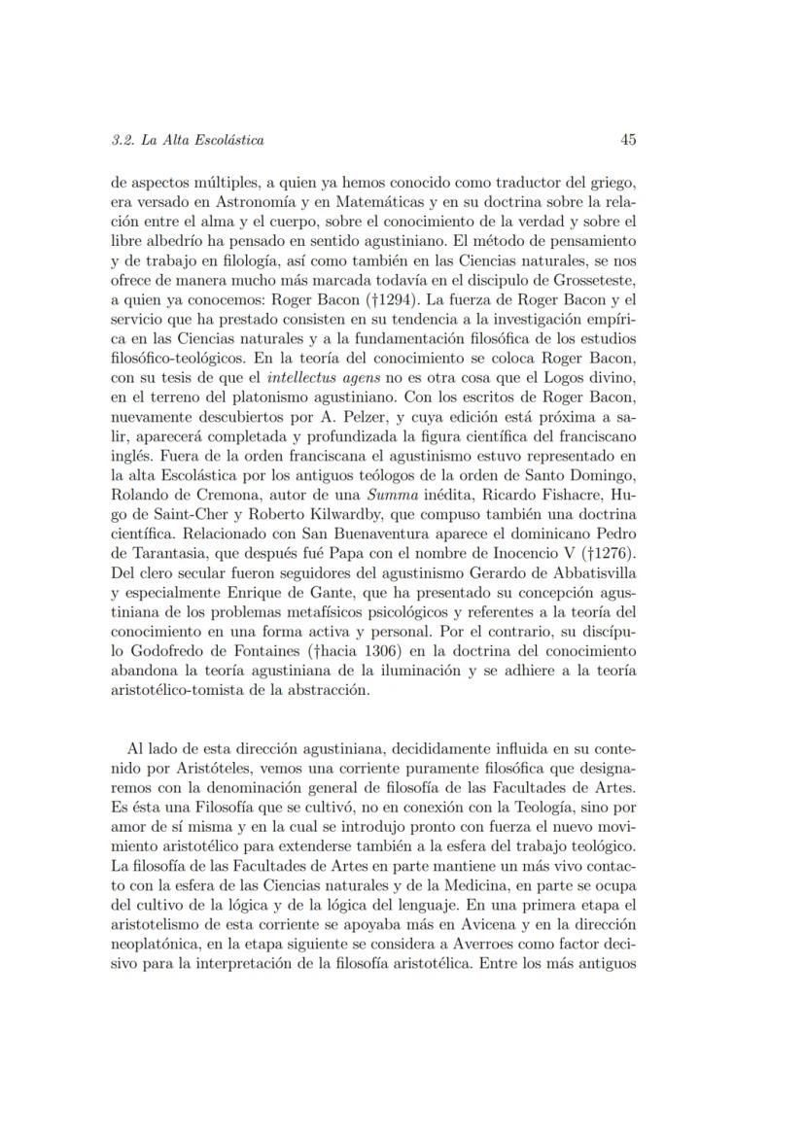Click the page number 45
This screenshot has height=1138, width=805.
[628, 140]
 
